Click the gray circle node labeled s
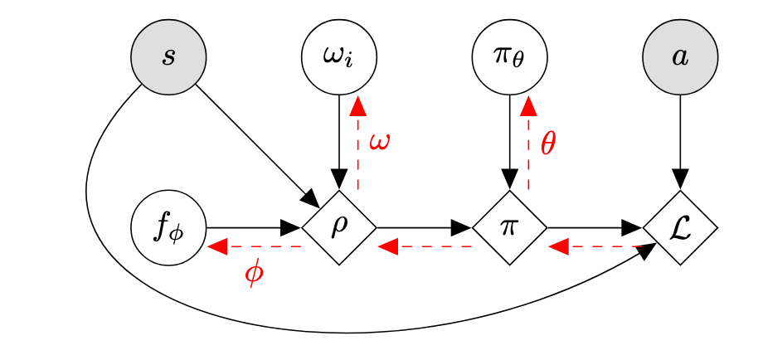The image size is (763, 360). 168,58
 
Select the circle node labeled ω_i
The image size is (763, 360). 338,58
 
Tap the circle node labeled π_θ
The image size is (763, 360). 509,58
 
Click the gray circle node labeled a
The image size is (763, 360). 680,58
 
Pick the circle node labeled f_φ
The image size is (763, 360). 168,227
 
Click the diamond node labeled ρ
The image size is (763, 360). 338,227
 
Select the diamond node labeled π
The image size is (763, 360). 509,227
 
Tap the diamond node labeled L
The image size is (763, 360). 680,227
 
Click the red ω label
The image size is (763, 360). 379,141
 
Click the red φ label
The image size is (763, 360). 255,273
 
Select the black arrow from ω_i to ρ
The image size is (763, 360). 338,141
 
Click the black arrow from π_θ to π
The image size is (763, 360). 509,141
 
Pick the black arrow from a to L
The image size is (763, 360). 680,141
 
